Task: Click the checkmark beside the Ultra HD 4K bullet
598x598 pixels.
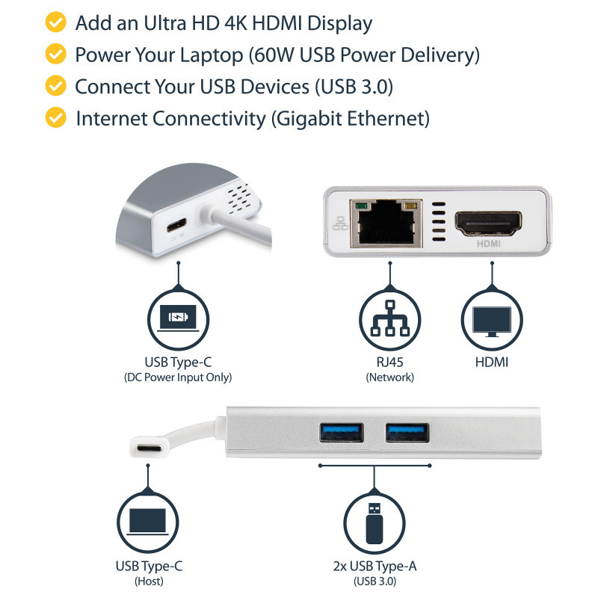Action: click(55, 23)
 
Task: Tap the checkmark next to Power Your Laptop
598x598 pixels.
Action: click(55, 55)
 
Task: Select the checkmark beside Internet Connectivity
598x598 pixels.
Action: click(55, 117)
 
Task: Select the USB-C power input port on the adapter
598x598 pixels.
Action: click(178, 224)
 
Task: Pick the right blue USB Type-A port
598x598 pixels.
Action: click(407, 433)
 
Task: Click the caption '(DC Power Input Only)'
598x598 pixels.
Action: click(178, 378)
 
